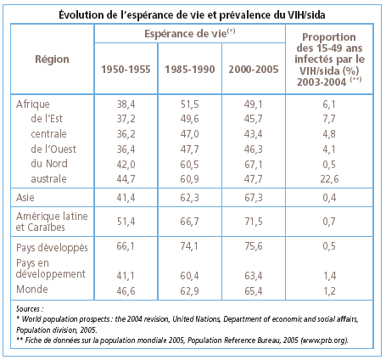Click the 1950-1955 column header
[126, 70]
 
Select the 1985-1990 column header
[190, 70]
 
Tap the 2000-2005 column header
[254, 70]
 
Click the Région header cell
[52, 59]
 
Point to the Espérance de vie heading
[190, 33]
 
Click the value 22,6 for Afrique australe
[329, 179]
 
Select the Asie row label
[25, 197]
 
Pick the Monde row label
[32, 290]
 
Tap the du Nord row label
[49, 164]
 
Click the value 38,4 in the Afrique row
[126, 104]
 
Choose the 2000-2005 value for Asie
[254, 198]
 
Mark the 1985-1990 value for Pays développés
[189, 246]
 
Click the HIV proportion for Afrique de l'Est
[329, 119]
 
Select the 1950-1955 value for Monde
[126, 291]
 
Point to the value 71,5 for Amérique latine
[254, 222]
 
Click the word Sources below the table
[28, 309]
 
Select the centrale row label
[48, 134]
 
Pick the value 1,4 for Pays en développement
[329, 276]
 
